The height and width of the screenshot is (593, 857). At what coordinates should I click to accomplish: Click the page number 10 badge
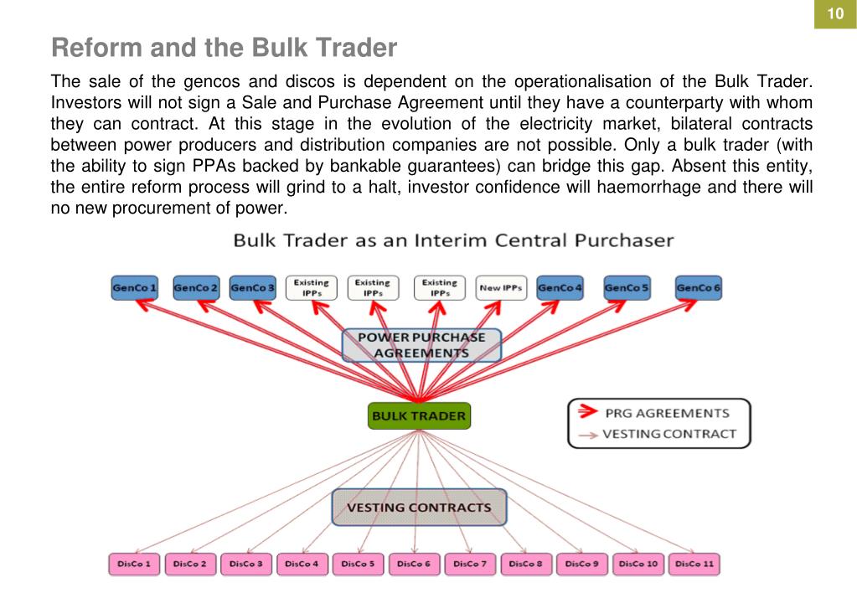[x=835, y=14]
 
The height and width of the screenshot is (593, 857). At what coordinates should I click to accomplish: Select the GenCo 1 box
[x=134, y=288]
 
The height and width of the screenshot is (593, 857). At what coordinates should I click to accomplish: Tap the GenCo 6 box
[x=699, y=288]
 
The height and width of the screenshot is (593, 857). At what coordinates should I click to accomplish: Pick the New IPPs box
[x=501, y=288]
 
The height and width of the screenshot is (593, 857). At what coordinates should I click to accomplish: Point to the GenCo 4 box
[x=560, y=288]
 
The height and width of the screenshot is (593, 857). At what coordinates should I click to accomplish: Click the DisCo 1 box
[x=134, y=565]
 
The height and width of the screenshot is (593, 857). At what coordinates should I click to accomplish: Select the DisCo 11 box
[x=695, y=565]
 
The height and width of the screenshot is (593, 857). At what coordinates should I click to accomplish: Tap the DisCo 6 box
[x=415, y=565]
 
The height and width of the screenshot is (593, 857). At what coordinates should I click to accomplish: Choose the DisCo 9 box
[x=582, y=565]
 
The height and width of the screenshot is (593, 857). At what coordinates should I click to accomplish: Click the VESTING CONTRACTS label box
[x=419, y=508]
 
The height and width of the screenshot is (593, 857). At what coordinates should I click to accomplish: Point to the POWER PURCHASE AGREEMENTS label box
[x=421, y=345]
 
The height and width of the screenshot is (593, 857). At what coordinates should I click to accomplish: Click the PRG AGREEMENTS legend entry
[x=666, y=413]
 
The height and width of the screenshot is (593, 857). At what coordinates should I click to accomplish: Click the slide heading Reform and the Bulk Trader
[x=224, y=49]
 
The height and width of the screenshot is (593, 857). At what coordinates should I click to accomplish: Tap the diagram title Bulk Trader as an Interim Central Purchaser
[x=453, y=240]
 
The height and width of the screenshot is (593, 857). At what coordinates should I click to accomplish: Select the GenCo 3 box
[x=252, y=288]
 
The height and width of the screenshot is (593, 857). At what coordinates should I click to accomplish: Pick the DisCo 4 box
[x=302, y=565]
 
